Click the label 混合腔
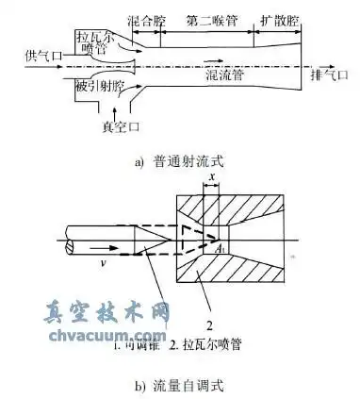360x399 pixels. [142, 21]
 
